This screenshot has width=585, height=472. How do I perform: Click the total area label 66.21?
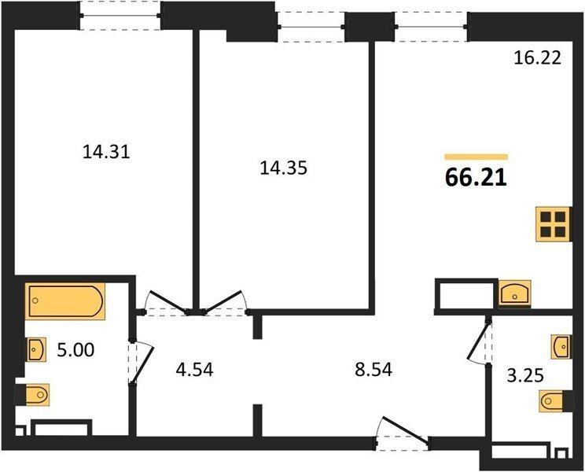476,178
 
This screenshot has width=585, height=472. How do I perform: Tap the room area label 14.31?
106,152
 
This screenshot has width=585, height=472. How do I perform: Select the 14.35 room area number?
284,168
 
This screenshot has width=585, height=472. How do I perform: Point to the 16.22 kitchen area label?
537,58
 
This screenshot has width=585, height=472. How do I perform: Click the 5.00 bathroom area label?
75,350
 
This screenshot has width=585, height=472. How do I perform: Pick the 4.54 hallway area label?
194,370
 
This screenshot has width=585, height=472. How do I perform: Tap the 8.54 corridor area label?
373,370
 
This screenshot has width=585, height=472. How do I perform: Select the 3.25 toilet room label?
525,375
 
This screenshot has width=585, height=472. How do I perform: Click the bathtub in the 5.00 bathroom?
65,301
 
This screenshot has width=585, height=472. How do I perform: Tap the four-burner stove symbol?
553,224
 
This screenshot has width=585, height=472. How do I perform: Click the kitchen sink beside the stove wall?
515,293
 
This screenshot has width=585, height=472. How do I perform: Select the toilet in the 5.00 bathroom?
37,394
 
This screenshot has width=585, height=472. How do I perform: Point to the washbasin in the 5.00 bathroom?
36,349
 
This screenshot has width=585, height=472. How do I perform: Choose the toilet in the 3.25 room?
551,401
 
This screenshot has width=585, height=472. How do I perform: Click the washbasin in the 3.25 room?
561,347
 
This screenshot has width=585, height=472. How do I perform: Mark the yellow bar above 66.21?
476,157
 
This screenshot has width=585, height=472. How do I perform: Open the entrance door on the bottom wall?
403,434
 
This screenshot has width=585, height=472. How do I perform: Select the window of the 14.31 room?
120,16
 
